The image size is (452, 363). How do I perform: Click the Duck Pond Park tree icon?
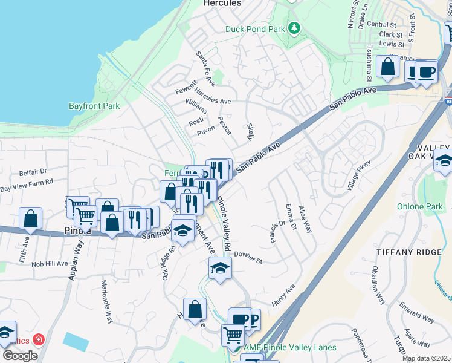tap(294, 28)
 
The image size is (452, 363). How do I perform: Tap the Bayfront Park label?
tap(94, 106)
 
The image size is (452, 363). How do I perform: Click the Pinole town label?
tap(77, 231)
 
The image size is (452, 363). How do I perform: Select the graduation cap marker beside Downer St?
tap(221, 268)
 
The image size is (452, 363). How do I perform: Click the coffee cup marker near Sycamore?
tap(426, 71)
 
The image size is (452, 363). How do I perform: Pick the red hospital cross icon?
tap(39, 340)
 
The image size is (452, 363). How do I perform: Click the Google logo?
tap(20, 356)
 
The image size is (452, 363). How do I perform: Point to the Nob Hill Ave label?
tap(50, 264)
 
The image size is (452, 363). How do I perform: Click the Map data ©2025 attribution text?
tap(427, 358)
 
